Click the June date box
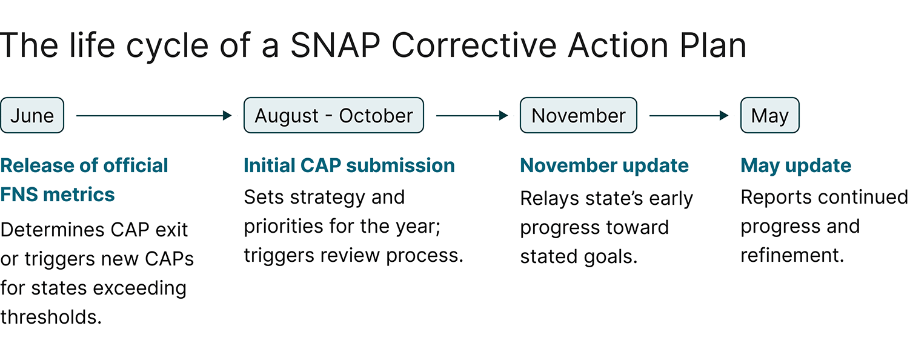coord(32,115)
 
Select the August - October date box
coord(333,115)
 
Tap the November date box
coord(578,115)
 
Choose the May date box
coord(769,115)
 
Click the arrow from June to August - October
coord(154,115)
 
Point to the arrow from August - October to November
coord(472,115)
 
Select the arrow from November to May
coord(689,115)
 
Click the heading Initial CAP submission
coord(349,165)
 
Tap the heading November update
coord(604,165)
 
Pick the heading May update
coord(795,165)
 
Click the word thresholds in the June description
coord(50,316)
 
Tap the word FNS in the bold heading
coord(21,195)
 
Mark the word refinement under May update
coord(792,255)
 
